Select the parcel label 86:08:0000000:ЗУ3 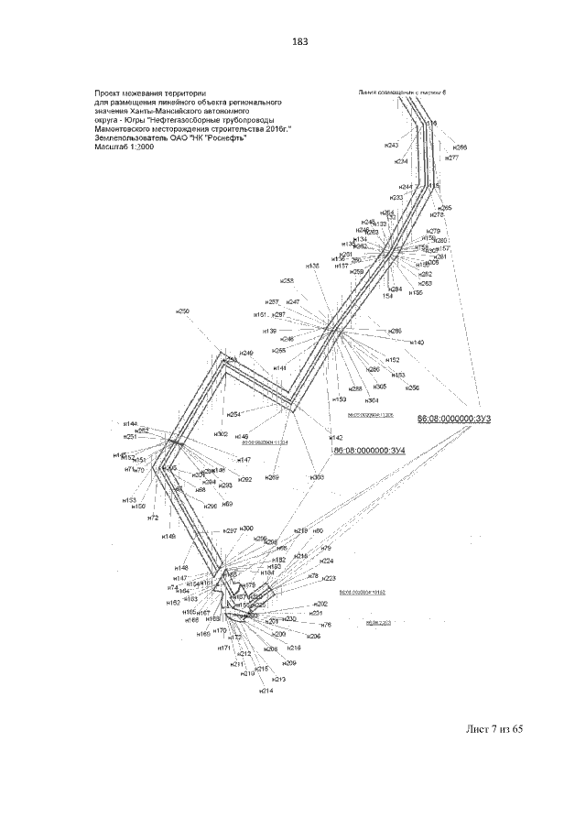pyautogui.click(x=455, y=419)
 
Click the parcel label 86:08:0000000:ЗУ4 pyautogui.click(x=367, y=451)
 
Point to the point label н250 pyautogui.click(x=183, y=312)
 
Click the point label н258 pyautogui.click(x=288, y=281)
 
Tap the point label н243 pyautogui.click(x=391, y=146)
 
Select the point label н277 pyautogui.click(x=451, y=158)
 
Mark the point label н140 pyautogui.click(x=417, y=342)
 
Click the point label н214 pyautogui.click(x=266, y=690)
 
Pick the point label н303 pyautogui.click(x=317, y=477)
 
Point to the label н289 pyautogui.click(x=272, y=477)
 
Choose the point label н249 pyautogui.click(x=246, y=353)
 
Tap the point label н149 pyautogui.click(x=169, y=536)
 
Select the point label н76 pyautogui.click(x=326, y=625)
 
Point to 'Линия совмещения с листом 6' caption pyautogui.click(x=400, y=93)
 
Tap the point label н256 pyautogui.click(x=413, y=387)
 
